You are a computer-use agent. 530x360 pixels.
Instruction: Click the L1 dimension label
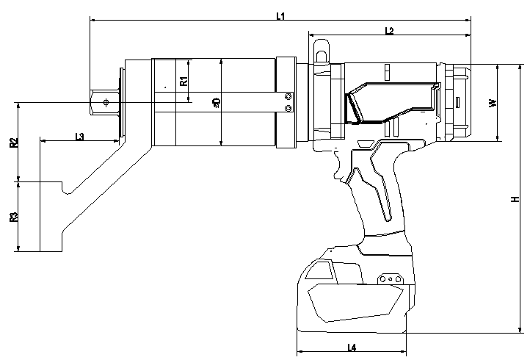tap(280, 15)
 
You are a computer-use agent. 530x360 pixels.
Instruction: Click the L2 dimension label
tap(389, 30)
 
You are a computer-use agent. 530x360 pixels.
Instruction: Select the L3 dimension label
tap(79, 136)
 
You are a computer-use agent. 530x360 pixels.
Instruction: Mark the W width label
tap(493, 102)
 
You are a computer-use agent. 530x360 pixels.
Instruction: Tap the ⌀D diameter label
tap(217, 104)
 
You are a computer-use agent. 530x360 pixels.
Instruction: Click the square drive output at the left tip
tap(103, 101)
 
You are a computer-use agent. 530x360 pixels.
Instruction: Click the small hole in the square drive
tap(106, 102)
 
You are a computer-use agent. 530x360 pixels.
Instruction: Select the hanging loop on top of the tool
tap(322, 52)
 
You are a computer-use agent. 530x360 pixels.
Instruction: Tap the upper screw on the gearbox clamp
tap(288, 96)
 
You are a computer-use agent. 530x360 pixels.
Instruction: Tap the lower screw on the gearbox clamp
tap(288, 109)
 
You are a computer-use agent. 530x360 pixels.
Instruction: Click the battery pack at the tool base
tap(352, 294)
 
